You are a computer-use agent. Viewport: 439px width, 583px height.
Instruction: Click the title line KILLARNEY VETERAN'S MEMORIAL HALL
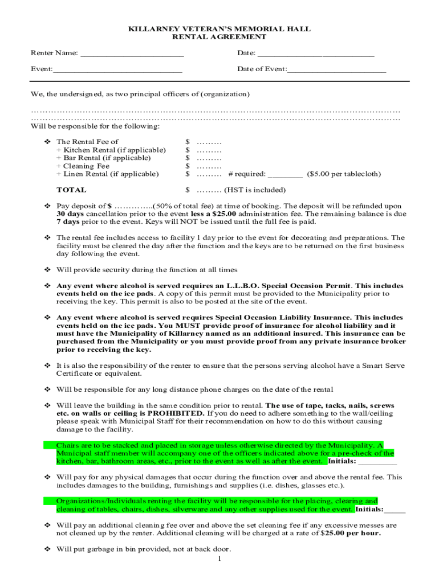click(x=219, y=28)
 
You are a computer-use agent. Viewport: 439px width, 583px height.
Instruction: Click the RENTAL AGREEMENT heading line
click(x=219, y=36)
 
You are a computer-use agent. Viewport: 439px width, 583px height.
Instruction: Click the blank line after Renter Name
click(x=132, y=55)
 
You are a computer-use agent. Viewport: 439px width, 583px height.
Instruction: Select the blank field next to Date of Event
click(x=337, y=71)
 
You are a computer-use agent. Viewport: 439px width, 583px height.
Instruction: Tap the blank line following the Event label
click(x=117, y=71)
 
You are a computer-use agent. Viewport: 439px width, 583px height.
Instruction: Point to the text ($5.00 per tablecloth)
click(x=344, y=174)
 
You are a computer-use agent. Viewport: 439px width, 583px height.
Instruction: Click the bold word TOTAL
click(x=71, y=190)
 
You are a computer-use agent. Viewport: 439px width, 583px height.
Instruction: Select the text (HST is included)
click(x=255, y=190)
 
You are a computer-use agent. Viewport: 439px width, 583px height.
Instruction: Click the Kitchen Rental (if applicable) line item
click(x=111, y=150)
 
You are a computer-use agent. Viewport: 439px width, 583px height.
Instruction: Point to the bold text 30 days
click(x=70, y=214)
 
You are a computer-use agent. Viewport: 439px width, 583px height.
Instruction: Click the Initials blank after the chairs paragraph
click(x=378, y=462)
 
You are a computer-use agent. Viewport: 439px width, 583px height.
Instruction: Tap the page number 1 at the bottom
click(x=219, y=559)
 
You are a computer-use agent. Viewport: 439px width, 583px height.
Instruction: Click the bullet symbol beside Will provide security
click(x=48, y=270)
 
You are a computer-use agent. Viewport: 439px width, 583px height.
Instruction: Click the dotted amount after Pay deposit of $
click(x=133, y=206)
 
